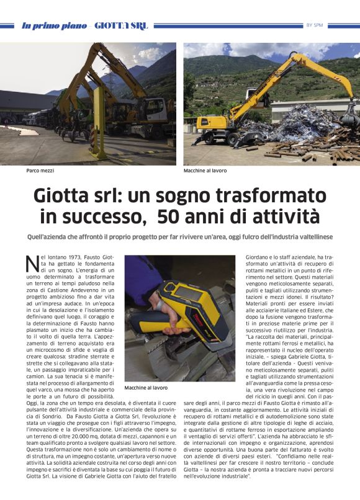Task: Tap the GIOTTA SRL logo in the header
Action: tap(126, 25)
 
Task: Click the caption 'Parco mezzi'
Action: tap(39, 170)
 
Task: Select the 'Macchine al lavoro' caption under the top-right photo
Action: tap(205, 170)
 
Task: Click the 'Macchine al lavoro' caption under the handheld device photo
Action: tap(145, 388)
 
